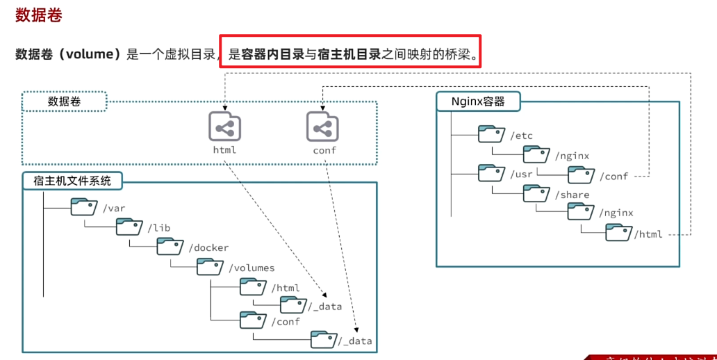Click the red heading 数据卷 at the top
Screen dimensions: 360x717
pos(39,15)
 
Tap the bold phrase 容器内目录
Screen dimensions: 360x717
pos(273,54)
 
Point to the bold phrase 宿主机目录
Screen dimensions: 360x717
pos(349,54)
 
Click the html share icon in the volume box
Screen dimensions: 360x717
pos(224,127)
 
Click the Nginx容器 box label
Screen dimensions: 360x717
pos(477,101)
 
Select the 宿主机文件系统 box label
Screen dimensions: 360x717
pos(72,181)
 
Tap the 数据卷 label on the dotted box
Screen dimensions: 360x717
pos(64,101)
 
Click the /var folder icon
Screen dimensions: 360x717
pos(84,207)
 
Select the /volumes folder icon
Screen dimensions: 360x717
pos(210,267)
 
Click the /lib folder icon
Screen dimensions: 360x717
pos(129,227)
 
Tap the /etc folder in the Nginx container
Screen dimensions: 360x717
pos(491,135)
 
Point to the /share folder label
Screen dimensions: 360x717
pos(572,195)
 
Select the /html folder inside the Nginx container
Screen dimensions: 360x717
pos(618,234)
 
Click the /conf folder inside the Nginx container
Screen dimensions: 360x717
pos(582,175)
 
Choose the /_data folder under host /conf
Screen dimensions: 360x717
pos(324,340)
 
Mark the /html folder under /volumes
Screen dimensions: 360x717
pos(253,287)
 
